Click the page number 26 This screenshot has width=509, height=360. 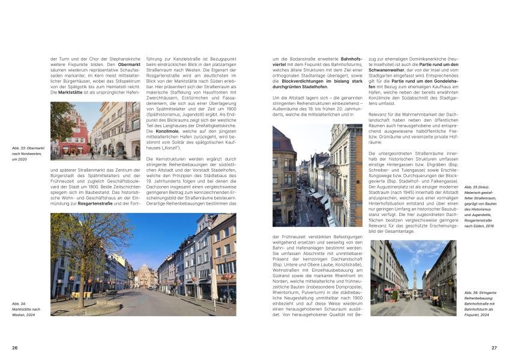point(15,347)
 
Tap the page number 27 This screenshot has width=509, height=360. point(494,347)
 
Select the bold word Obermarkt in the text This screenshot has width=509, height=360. point(129,64)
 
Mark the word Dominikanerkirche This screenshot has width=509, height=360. point(430,58)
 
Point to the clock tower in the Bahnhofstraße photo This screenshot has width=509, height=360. point(414,278)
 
